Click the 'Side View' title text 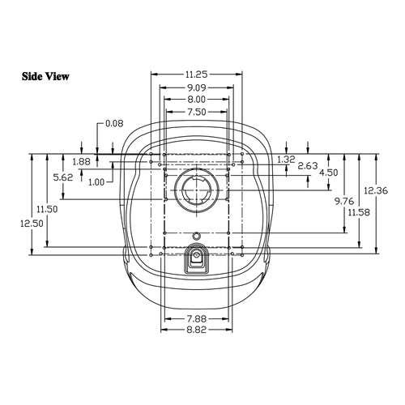pos(45,76)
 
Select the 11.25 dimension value pos(196,75)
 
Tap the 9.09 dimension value pos(196,87)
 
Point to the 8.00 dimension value pos(196,100)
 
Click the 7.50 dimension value pos(196,112)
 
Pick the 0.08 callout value pos(114,123)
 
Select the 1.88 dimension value pos(81,162)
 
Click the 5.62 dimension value pos(63,177)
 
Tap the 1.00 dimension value pos(96,182)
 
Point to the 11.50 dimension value pos(47,209)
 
